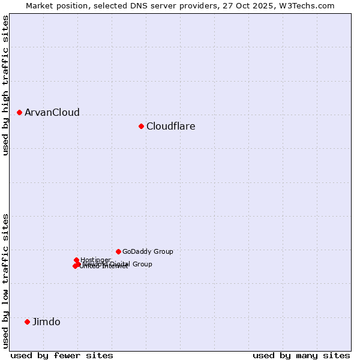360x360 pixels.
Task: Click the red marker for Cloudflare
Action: click(141, 126)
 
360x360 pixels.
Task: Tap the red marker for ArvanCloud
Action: click(19, 112)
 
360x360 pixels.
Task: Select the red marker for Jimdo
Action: click(27, 322)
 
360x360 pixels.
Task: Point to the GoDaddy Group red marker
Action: click(118, 251)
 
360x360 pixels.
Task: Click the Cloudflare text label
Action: click(171, 126)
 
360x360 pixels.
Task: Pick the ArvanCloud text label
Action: click(52, 112)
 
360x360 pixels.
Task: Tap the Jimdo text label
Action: click(46, 322)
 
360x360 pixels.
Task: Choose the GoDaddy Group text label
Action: click(148, 251)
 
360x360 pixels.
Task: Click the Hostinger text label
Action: click(95, 260)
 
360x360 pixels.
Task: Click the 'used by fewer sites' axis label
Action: click(62, 355)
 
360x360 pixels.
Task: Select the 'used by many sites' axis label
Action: click(301, 355)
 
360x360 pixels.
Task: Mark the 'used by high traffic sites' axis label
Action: click(5, 85)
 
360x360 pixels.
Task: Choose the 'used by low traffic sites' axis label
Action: click(5, 280)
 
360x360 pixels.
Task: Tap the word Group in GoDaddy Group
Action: click(163, 251)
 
